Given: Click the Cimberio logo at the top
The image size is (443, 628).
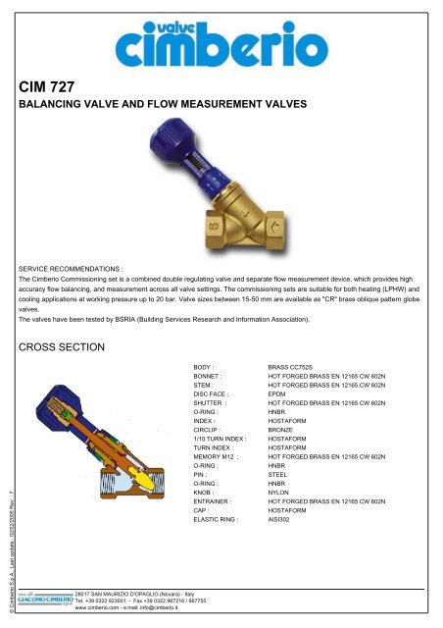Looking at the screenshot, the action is pyautogui.click(x=221, y=41).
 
